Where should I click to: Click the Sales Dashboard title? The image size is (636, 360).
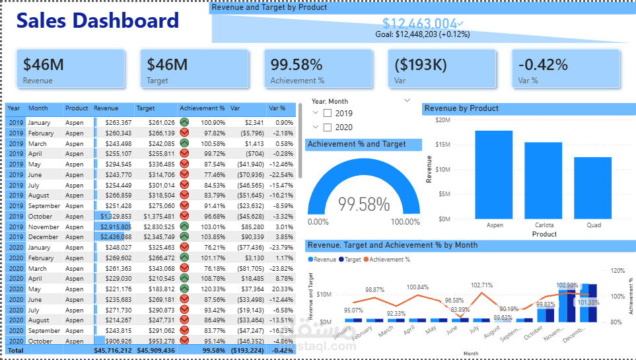(98, 20)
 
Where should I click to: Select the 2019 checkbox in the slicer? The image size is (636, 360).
(328, 113)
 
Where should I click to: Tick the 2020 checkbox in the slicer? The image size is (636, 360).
(328, 127)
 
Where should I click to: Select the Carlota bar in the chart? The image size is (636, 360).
(544, 180)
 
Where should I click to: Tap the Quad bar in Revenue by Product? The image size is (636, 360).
(592, 188)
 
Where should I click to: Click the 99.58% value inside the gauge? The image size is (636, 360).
(364, 204)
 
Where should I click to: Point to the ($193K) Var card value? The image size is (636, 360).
(420, 65)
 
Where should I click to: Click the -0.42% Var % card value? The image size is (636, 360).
(543, 65)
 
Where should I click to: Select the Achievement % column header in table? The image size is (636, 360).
(202, 108)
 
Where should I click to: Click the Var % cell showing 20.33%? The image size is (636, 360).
(281, 289)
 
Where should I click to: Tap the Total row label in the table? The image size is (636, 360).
(15, 350)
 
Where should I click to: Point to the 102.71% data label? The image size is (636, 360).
(481, 285)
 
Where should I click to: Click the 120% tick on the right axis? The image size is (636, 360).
(617, 271)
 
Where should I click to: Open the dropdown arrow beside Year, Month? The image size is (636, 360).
(406, 100)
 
